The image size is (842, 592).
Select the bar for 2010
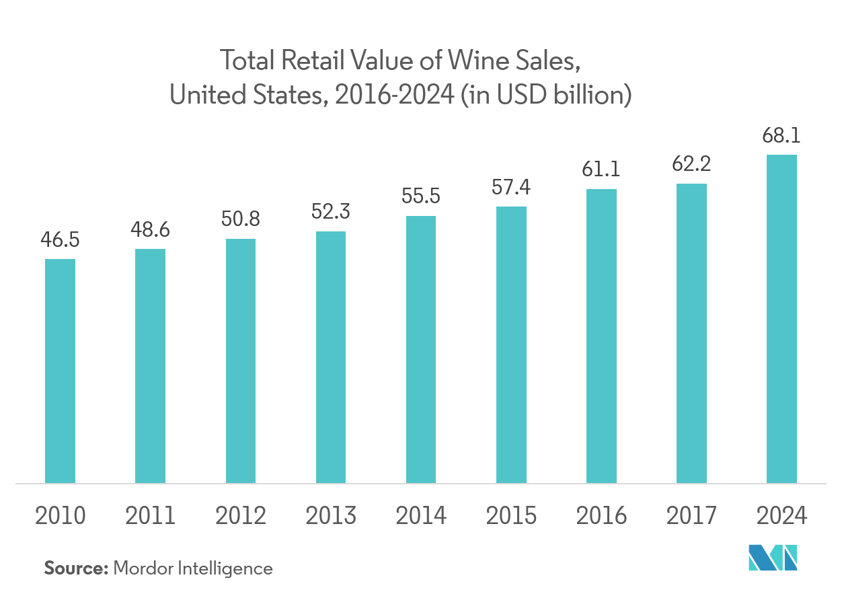click(60, 371)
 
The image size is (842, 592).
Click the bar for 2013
click(331, 357)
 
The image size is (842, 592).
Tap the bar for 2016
click(601, 336)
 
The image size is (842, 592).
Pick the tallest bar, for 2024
click(781, 319)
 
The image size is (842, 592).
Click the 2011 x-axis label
click(150, 516)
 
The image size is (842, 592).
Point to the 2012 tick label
click(241, 516)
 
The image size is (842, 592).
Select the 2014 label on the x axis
click(421, 516)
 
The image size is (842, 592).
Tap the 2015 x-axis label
click(511, 516)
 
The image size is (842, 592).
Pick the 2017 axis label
click(691, 516)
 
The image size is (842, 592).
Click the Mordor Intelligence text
click(193, 568)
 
